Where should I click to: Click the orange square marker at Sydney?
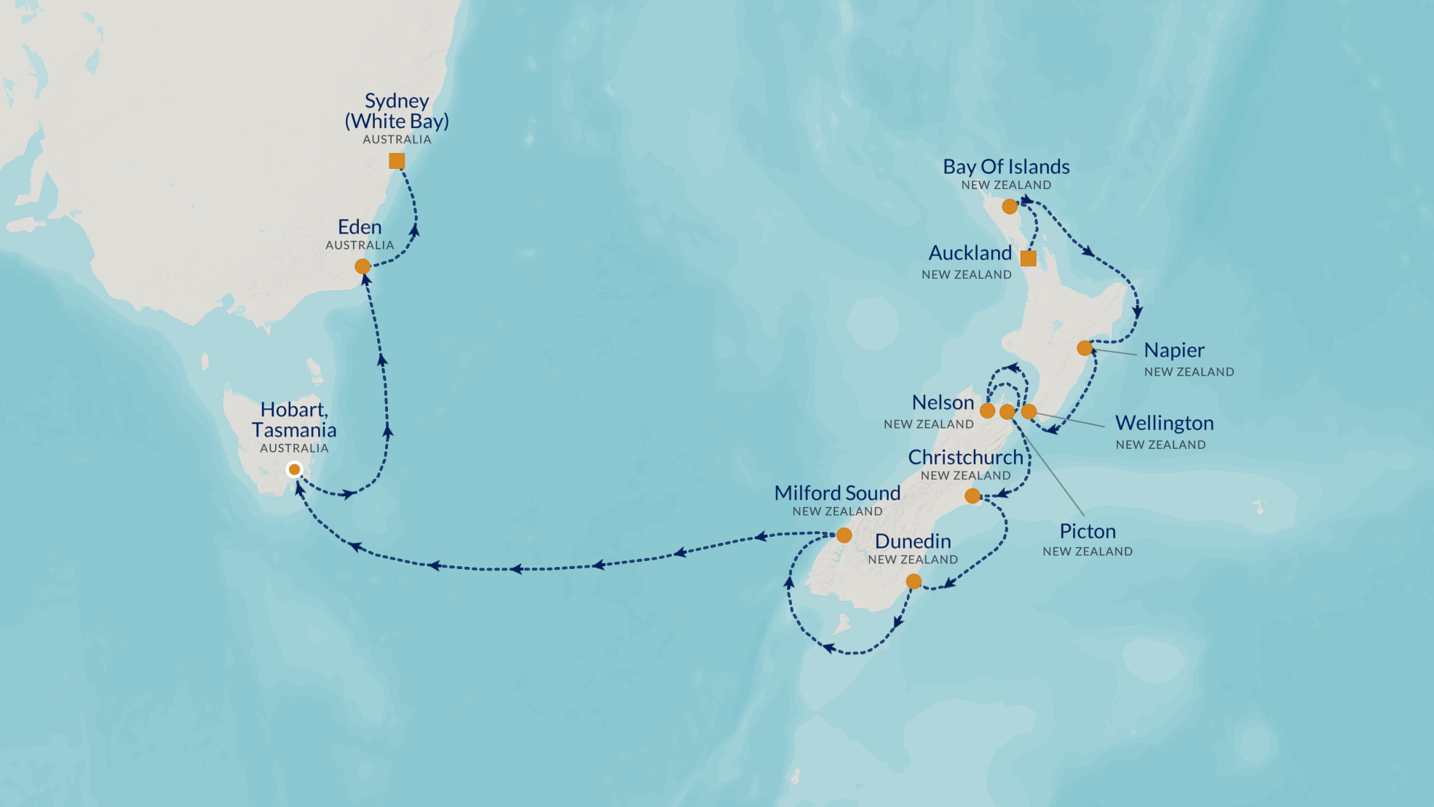coord(397,161)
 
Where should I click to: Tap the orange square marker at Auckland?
coord(1028,258)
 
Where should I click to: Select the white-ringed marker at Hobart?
coord(294,469)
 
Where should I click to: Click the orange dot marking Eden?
coord(363,266)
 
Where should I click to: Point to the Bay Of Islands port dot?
coord(1010,207)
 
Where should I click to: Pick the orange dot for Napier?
coord(1085,348)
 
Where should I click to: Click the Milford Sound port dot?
coord(844,536)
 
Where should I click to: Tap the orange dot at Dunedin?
coord(914,581)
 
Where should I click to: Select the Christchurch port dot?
coord(972,496)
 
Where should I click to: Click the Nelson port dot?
coord(988,410)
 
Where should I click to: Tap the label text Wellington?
coord(1164,423)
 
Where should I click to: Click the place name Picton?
coord(1088,531)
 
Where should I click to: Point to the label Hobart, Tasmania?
coord(294,420)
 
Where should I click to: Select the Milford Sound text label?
coord(837,493)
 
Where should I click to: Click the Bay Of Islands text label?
coord(1006,167)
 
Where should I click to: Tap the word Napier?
coord(1174,350)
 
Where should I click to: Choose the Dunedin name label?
coord(913,541)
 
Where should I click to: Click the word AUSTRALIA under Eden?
coord(360,245)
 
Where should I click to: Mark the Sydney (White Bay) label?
coord(397,111)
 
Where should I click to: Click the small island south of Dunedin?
coord(842,624)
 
